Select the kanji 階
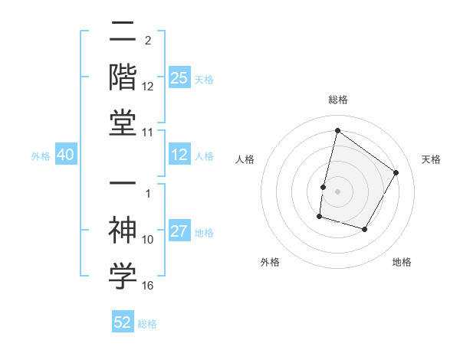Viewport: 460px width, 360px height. click(x=123, y=77)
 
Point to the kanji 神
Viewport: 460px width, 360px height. click(x=123, y=230)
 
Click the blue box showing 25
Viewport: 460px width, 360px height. click(x=179, y=78)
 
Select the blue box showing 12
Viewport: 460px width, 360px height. click(x=179, y=155)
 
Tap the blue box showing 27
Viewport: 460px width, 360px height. click(x=179, y=232)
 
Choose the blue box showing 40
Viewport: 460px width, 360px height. click(x=65, y=155)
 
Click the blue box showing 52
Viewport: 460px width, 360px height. click(x=123, y=322)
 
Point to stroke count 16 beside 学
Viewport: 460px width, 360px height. click(x=148, y=286)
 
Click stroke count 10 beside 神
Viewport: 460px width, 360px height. click(x=148, y=240)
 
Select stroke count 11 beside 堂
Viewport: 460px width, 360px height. click(x=148, y=133)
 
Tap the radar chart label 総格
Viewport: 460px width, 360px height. click(x=337, y=100)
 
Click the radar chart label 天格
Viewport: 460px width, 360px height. click(x=431, y=159)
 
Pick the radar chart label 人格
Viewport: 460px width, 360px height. click(x=245, y=159)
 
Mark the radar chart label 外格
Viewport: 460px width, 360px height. click(x=269, y=262)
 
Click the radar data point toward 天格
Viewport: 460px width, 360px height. click(x=396, y=172)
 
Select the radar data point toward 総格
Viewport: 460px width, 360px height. click(x=337, y=130)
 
